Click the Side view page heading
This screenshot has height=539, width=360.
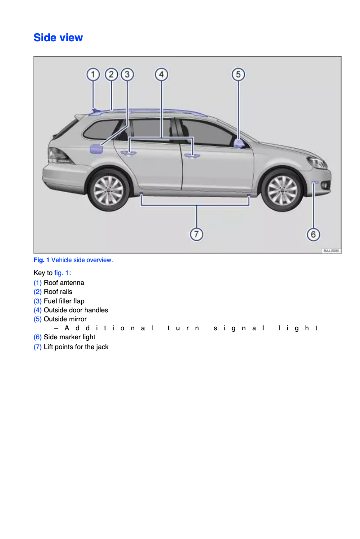[58, 38]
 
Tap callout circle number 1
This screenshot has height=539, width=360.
[93, 74]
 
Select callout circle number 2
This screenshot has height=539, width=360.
[111, 74]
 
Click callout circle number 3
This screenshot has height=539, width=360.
[127, 74]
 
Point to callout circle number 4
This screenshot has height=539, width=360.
[161, 74]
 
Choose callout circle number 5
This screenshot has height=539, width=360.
[238, 74]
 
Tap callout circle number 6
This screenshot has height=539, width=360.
[313, 234]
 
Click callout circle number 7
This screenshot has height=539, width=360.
[197, 234]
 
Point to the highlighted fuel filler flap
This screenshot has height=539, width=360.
[97, 149]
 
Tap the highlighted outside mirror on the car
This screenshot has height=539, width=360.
[239, 143]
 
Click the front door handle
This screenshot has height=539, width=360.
[193, 155]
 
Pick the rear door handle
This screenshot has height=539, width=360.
[129, 153]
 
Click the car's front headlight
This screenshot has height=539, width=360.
[317, 162]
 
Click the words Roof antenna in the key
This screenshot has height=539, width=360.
[64, 283]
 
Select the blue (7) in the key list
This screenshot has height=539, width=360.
[38, 347]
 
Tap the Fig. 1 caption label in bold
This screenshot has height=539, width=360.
[41, 260]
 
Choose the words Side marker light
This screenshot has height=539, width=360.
[69, 337]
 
